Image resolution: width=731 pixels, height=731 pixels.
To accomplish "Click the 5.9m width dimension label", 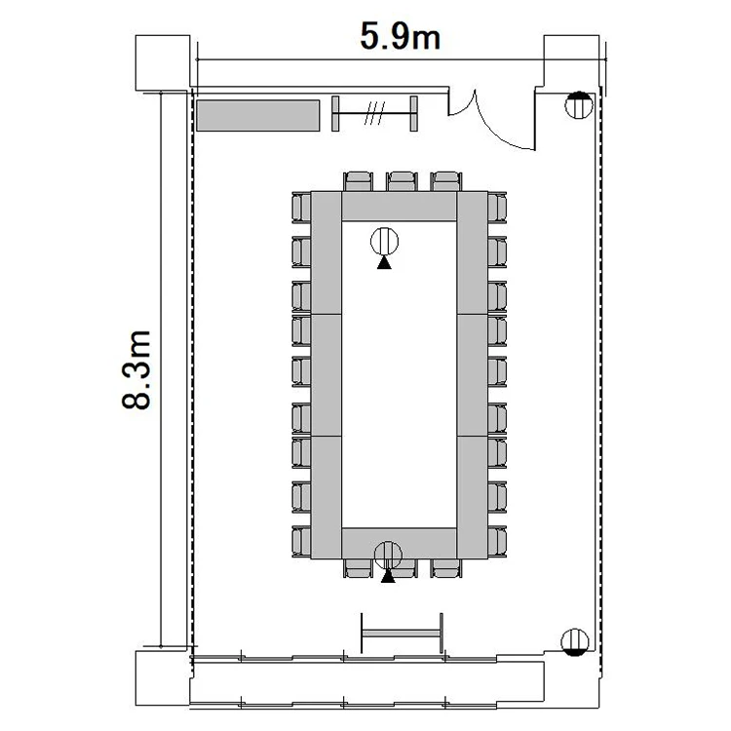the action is [x=400, y=36].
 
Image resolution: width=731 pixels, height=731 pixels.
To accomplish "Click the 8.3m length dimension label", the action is [x=136, y=369].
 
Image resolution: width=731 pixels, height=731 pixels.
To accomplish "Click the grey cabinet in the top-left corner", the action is [x=258, y=115].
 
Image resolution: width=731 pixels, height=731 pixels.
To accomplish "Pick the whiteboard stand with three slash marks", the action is [x=374, y=113].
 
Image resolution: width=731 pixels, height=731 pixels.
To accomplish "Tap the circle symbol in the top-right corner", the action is [x=579, y=105].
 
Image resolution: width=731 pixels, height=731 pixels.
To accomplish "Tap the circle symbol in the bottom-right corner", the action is [x=575, y=641].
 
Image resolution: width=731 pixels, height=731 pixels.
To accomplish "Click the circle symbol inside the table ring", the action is [x=385, y=241].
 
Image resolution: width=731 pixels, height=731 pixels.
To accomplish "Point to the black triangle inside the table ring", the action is [x=384, y=263].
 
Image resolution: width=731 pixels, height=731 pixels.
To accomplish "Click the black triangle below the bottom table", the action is [x=388, y=577].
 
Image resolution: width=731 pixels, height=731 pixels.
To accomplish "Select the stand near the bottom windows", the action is [x=402, y=634].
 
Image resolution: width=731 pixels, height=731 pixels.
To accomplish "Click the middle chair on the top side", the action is [x=402, y=181].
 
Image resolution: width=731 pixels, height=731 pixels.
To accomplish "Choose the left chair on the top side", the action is [x=358, y=181].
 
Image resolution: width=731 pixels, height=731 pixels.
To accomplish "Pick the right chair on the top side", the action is [x=446, y=181].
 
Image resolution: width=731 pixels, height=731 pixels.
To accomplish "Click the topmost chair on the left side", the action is [x=301, y=208].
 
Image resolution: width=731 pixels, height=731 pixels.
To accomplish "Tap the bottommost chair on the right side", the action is [x=497, y=542].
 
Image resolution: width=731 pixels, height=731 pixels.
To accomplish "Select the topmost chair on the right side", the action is [x=497, y=208].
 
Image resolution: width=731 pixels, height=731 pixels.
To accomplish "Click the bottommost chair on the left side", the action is [x=301, y=542].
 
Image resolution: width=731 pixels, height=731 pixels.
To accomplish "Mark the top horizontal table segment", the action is [x=399, y=206].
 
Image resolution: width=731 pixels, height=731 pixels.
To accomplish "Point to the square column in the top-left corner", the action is [x=163, y=62].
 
